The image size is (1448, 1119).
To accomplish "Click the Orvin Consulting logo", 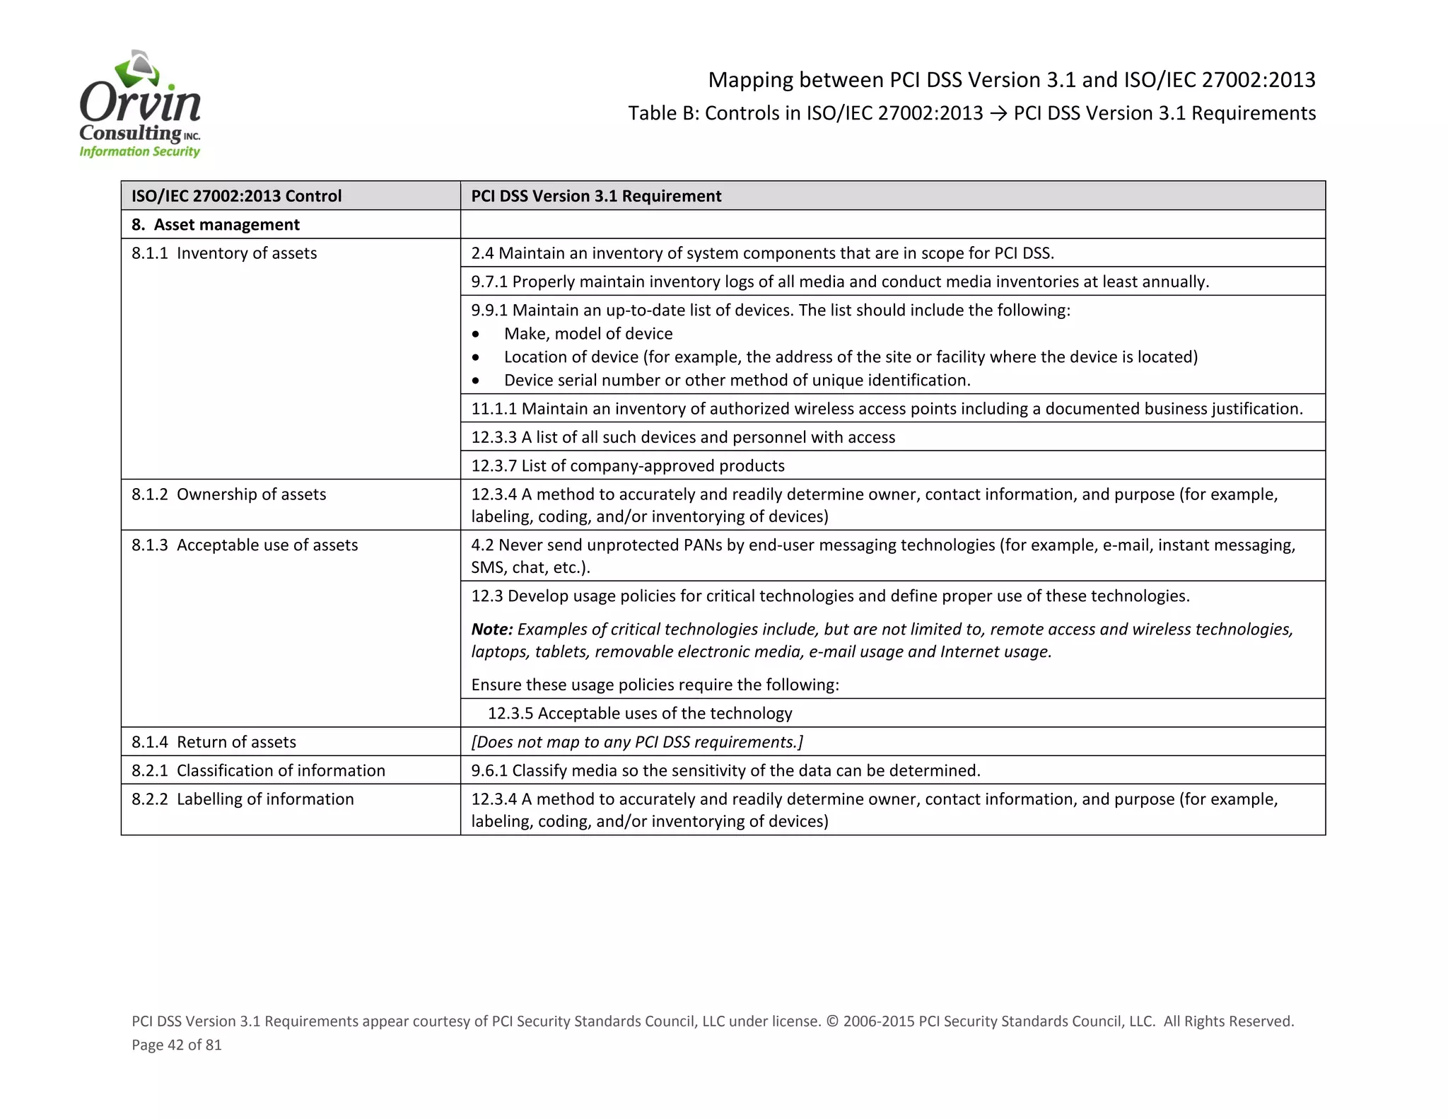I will point(140,105).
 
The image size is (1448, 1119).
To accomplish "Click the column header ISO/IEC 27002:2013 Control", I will point(236,196).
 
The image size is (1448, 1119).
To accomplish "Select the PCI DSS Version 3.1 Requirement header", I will point(596,196).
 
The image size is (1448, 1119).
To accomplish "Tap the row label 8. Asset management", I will point(215,225).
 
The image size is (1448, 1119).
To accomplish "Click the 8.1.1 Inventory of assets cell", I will point(224,253).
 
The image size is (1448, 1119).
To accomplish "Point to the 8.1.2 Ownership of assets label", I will point(228,494).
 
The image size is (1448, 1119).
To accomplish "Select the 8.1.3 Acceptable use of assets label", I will point(245,545).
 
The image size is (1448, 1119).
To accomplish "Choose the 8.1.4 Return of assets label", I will point(214,742).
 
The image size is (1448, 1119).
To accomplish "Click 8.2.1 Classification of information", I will point(258,770).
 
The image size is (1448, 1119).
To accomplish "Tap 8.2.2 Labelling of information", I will point(243,799).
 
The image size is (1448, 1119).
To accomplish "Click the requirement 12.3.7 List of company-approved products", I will point(628,466).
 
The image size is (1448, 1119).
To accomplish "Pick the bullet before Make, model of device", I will point(476,334).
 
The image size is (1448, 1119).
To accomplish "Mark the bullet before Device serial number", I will point(476,381).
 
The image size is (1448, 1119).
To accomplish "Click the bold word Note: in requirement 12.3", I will point(492,630).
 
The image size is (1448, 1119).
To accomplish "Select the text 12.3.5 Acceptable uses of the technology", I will point(639,714).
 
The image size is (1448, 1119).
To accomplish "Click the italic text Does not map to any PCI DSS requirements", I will point(637,742).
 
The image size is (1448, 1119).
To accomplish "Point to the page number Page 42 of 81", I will point(177,1045).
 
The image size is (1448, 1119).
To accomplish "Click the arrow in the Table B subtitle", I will point(998,114).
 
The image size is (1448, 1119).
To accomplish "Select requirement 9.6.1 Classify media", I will point(725,770).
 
